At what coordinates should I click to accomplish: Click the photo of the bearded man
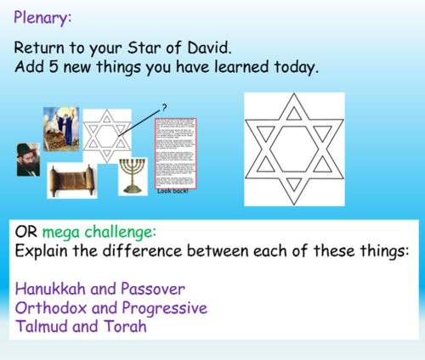coord(27,159)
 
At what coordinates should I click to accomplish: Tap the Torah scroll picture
coord(69,180)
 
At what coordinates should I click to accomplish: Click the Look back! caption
coord(175,191)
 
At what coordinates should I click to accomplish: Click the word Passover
coord(156,289)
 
